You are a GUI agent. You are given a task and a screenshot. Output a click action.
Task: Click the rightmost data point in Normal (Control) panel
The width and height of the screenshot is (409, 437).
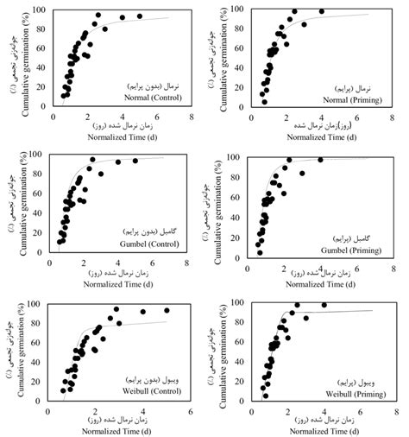pyautogui.click(x=139, y=16)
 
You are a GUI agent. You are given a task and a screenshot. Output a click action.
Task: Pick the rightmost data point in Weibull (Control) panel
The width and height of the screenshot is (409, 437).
pyautogui.click(x=167, y=310)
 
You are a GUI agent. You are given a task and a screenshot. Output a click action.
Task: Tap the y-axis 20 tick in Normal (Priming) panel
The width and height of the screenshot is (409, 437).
pyautogui.click(x=248, y=89)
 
